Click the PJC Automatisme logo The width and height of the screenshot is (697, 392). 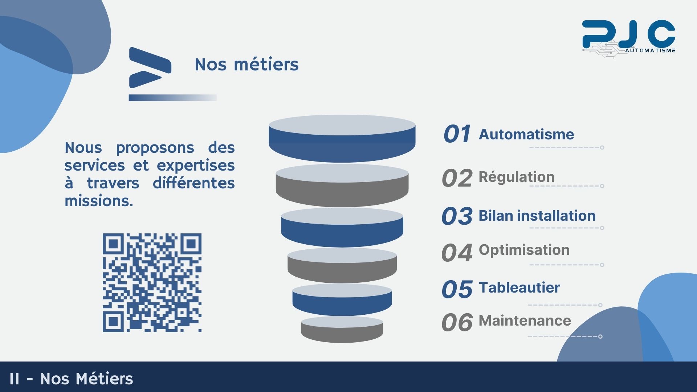pyautogui.click(x=628, y=38)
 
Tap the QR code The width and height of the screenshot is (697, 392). pyautogui.click(x=152, y=283)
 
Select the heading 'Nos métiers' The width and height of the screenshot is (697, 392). pyautogui.click(x=246, y=65)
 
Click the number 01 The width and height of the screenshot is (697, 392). pyautogui.click(x=457, y=134)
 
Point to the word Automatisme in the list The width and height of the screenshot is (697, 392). pyautogui.click(x=526, y=134)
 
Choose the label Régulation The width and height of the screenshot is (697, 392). pyautogui.click(x=517, y=177)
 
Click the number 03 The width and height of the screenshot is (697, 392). pyautogui.click(x=457, y=216)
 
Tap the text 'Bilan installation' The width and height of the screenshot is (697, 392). pyautogui.click(x=537, y=216)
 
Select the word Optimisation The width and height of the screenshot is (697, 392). pyautogui.click(x=524, y=250)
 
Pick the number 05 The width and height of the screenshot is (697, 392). pyautogui.click(x=457, y=289)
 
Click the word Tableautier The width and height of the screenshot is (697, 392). pyautogui.click(x=519, y=287)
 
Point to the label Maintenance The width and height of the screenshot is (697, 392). pyautogui.click(x=525, y=320)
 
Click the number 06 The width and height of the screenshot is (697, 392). pyautogui.click(x=457, y=322)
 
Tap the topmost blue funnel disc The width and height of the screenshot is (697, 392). pyautogui.click(x=342, y=139)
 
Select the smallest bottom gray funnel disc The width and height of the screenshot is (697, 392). pyautogui.click(x=342, y=329)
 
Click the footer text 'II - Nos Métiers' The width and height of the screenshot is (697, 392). pyautogui.click(x=71, y=379)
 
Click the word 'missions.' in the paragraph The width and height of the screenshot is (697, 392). pyautogui.click(x=99, y=201)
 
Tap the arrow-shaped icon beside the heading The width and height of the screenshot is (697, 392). pyautogui.click(x=150, y=68)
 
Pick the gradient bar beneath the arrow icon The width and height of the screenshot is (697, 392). pyautogui.click(x=173, y=98)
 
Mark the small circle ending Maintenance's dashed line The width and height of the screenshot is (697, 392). pyautogui.click(x=600, y=336)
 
